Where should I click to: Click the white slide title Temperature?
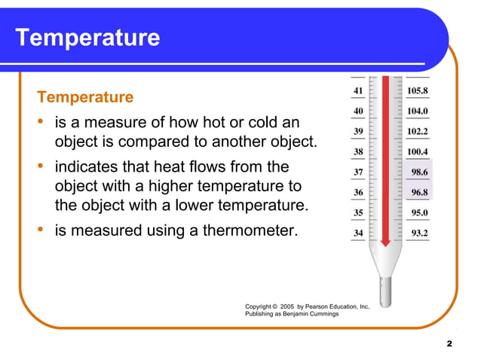click(87, 38)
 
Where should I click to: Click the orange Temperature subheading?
click(85, 97)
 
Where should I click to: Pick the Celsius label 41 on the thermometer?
click(357, 91)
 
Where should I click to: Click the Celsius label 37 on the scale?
click(357, 172)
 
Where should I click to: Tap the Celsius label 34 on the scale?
click(357, 233)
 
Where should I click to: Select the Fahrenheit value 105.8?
click(418, 91)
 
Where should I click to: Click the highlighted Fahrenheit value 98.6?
click(420, 172)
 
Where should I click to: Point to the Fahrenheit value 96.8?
click(420, 193)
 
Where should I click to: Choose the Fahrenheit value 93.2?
click(420, 233)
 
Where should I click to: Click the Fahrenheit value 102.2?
click(418, 132)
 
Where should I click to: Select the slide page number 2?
click(449, 343)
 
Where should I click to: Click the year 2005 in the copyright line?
click(286, 307)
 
